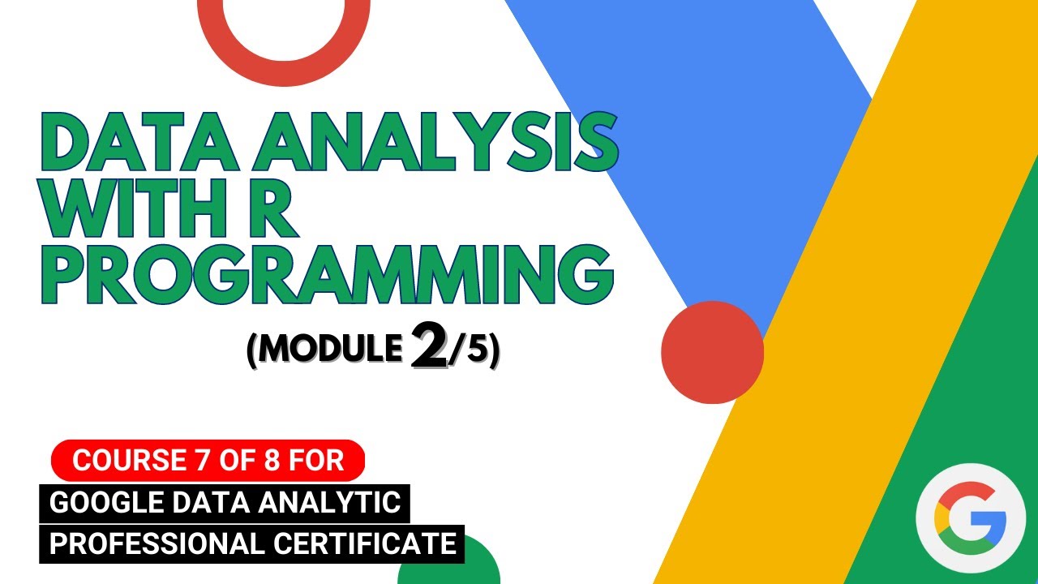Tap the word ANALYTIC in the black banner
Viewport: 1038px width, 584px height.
pyautogui.click(x=341, y=503)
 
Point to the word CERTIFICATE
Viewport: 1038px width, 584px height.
pyautogui.click(x=364, y=543)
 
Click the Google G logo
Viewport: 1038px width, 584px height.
pyautogui.click(x=970, y=517)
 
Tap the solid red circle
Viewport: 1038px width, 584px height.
pyautogui.click(x=712, y=352)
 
